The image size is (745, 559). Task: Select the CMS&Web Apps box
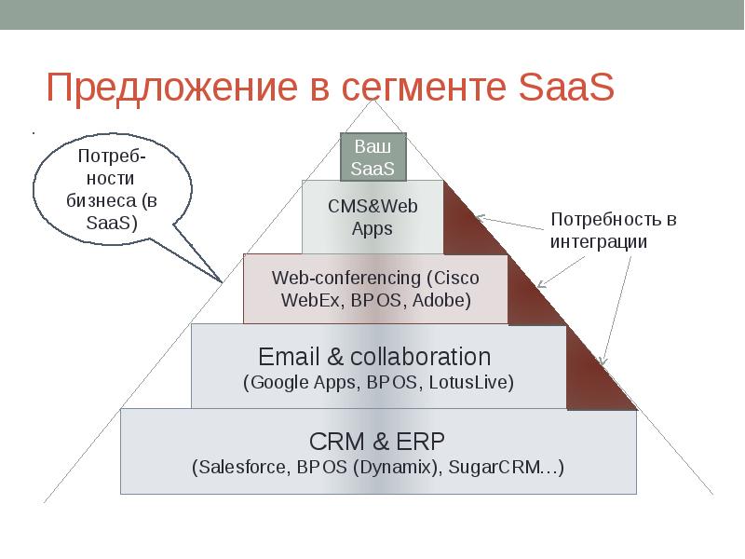coord(372,216)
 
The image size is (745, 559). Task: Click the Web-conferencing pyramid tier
coord(375,289)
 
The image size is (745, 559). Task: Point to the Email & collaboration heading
coord(374,357)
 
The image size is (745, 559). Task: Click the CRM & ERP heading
coord(377,440)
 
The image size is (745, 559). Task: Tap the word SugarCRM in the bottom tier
coord(502,467)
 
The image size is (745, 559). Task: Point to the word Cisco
coord(454,278)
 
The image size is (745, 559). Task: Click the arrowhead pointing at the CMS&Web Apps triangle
coord(480,218)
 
